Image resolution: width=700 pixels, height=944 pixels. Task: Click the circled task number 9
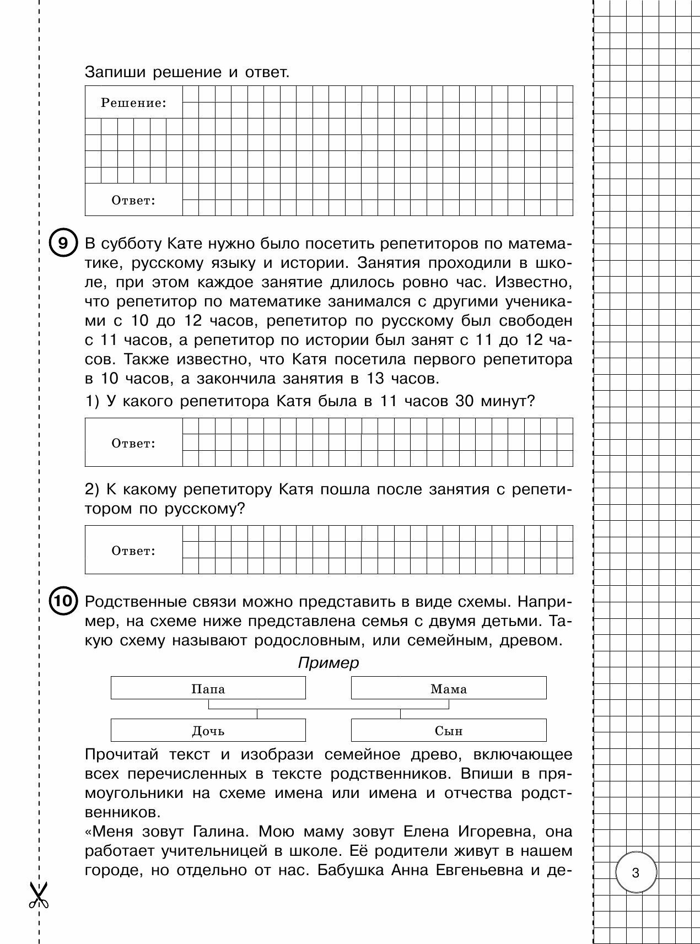pyautogui.click(x=63, y=244)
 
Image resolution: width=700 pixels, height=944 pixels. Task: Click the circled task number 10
pyautogui.click(x=63, y=601)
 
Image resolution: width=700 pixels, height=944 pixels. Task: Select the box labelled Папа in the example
pyautogui.click(x=208, y=688)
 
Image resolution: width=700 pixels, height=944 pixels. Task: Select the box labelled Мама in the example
pyautogui.click(x=448, y=688)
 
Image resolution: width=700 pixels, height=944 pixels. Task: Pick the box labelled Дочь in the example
pyautogui.click(x=208, y=731)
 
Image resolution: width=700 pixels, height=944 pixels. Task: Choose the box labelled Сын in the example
pyautogui.click(x=448, y=731)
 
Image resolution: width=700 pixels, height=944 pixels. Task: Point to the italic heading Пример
pyautogui.click(x=328, y=662)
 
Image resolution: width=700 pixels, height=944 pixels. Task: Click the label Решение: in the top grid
pyautogui.click(x=133, y=103)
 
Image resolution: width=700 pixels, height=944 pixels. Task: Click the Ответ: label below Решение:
pyautogui.click(x=133, y=200)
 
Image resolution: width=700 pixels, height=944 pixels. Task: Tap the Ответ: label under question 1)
pyautogui.click(x=133, y=443)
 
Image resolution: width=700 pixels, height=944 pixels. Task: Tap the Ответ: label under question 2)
pyautogui.click(x=133, y=551)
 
